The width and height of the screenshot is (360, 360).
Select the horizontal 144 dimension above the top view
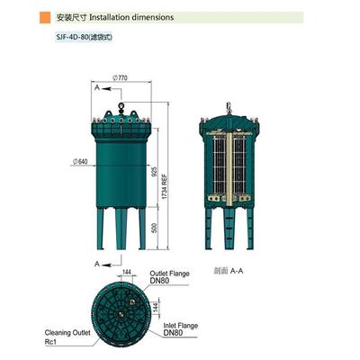tap(127, 270)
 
